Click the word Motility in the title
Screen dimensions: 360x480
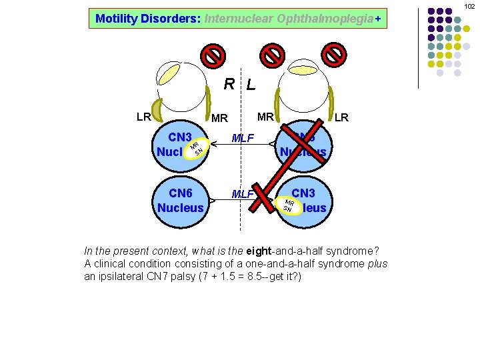tap(116, 19)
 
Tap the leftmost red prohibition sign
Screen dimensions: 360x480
tap(213, 55)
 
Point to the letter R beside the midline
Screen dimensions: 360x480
tap(229, 84)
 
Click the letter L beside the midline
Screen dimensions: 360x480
tap(250, 85)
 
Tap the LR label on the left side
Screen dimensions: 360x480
tap(143, 117)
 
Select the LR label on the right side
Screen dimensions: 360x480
tap(341, 118)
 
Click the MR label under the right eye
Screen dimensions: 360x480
tap(265, 117)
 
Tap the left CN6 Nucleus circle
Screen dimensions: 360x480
tap(181, 200)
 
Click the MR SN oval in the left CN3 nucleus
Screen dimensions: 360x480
tap(195, 150)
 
